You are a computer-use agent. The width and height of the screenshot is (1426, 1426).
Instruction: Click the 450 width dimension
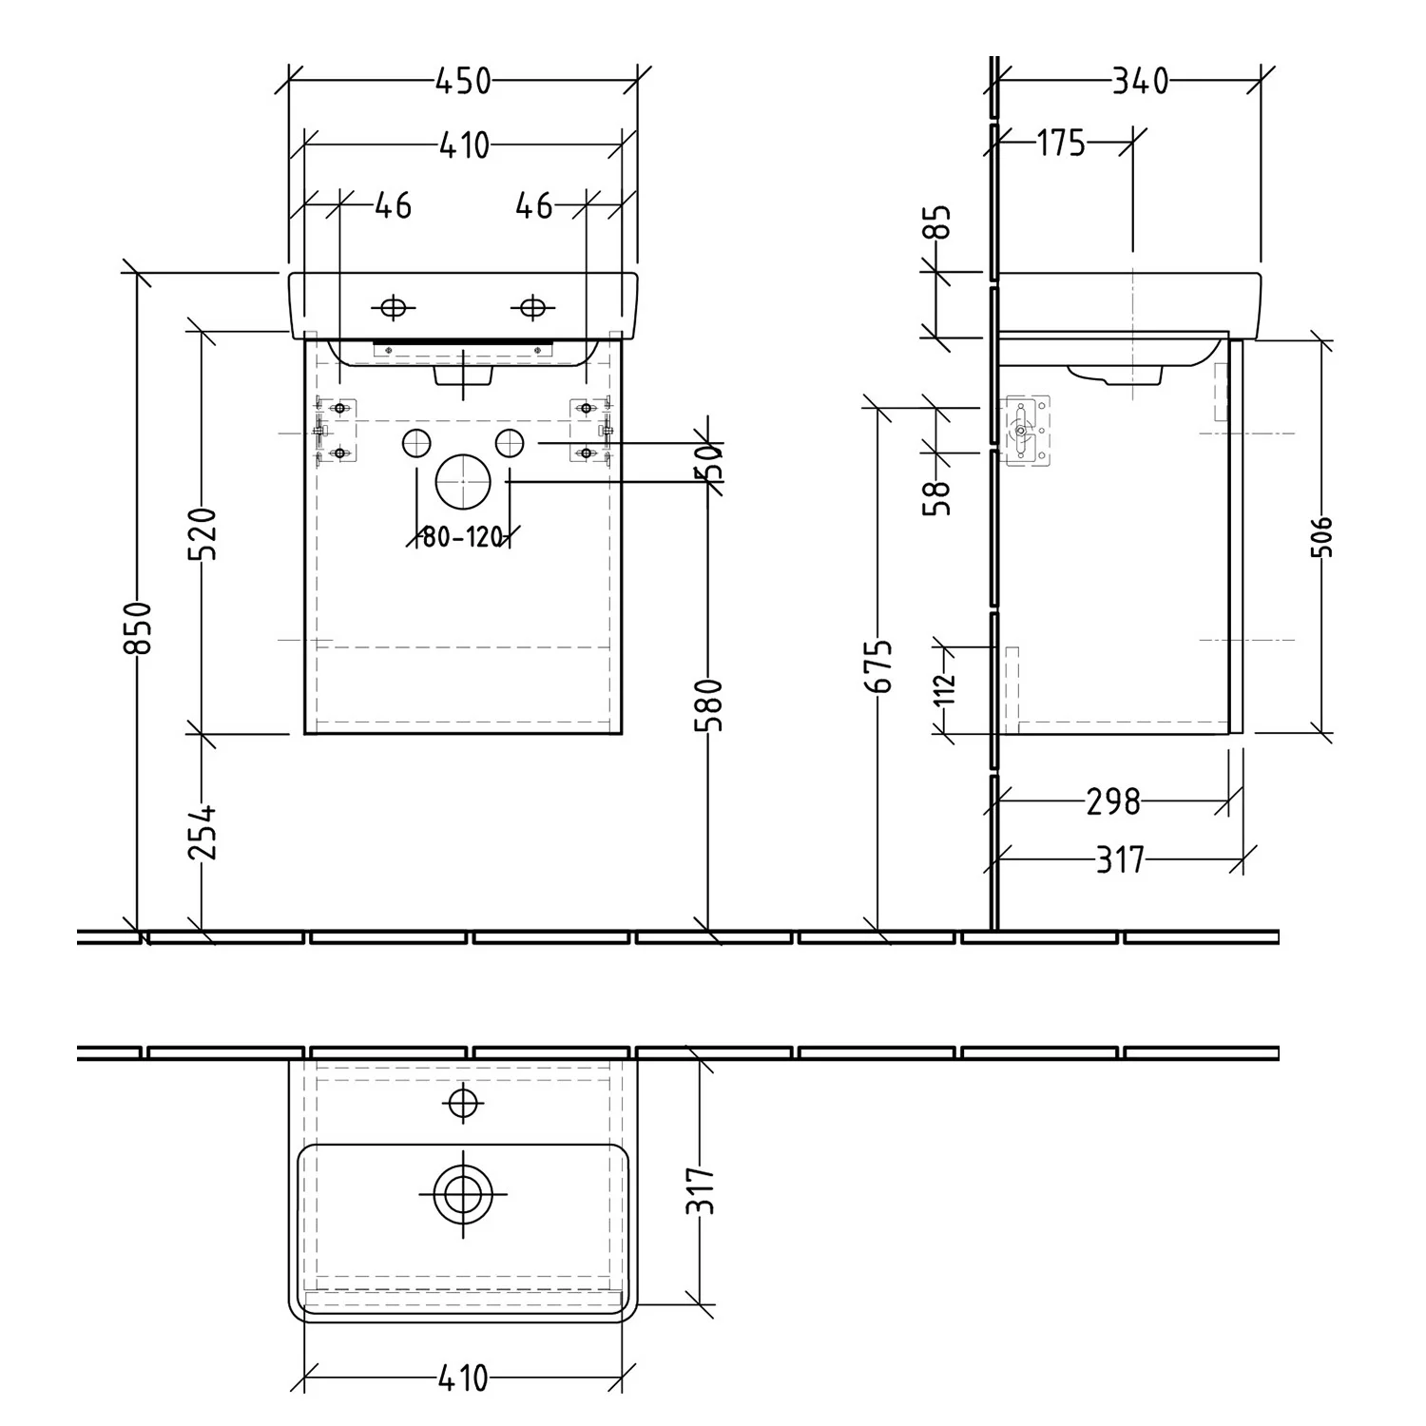click(463, 82)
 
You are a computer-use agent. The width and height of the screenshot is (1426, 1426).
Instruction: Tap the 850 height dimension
click(139, 627)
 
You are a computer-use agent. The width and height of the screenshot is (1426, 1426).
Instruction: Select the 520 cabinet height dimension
click(203, 533)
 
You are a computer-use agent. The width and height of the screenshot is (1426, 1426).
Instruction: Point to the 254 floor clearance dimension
click(203, 833)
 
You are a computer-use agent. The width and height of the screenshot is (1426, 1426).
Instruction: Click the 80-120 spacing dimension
click(462, 537)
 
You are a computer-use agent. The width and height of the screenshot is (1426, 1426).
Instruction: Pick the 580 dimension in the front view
click(710, 704)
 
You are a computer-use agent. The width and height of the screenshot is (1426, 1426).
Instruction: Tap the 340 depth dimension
click(1140, 82)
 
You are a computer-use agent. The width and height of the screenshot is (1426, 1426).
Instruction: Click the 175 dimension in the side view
click(1061, 144)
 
